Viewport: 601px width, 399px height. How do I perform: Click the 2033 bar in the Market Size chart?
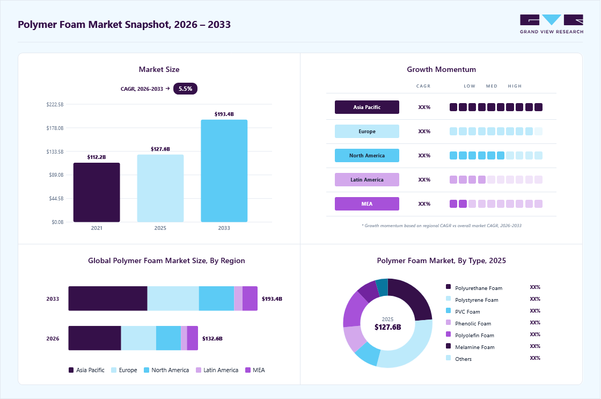(224, 171)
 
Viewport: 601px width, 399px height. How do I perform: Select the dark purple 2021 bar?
(97, 192)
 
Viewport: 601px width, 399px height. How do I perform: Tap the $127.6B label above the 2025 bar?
(160, 149)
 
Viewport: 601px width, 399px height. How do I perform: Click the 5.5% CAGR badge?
(185, 89)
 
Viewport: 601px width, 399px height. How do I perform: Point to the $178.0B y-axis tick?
(55, 128)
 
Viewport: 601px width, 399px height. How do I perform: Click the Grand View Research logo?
(552, 24)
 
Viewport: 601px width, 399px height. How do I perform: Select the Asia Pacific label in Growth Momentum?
(367, 107)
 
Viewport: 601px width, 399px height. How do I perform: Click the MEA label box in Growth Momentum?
(367, 204)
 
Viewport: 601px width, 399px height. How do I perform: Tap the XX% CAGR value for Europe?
(424, 131)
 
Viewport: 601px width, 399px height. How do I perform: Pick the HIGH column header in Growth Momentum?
(515, 86)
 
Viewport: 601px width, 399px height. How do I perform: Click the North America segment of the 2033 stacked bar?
(217, 299)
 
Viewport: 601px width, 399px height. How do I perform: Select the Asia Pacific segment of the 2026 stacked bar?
(94, 338)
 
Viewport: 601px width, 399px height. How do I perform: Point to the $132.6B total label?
(212, 338)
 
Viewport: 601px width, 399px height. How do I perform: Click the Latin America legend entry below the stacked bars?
(217, 370)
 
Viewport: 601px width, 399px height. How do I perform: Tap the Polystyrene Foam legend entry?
(472, 300)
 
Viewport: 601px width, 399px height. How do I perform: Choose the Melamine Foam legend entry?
(470, 347)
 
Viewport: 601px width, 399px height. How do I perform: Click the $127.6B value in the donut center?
(387, 327)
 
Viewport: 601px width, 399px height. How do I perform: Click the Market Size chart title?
(159, 69)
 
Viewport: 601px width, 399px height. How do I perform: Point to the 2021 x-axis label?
(97, 228)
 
